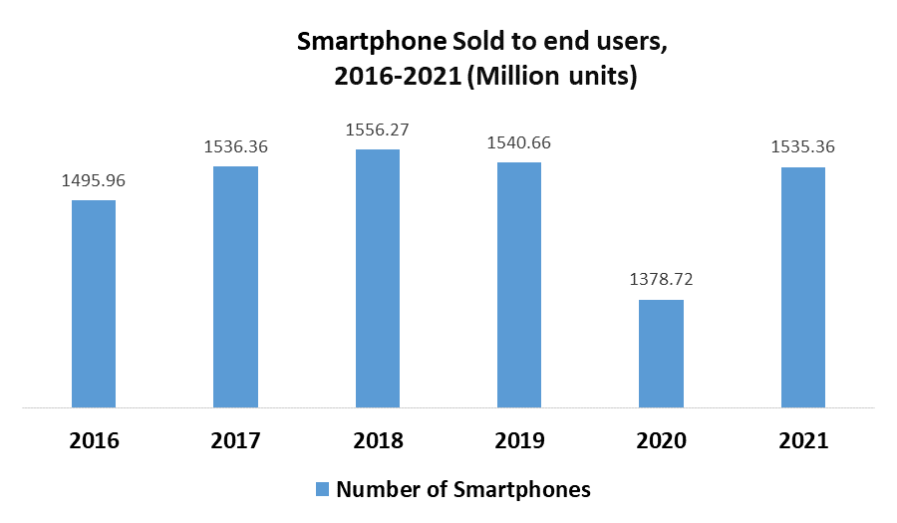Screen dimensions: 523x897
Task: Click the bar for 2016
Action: pyautogui.click(x=94, y=304)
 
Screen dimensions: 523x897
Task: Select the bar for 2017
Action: pyautogui.click(x=235, y=287)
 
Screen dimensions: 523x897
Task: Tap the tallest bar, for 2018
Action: pyautogui.click(x=378, y=279)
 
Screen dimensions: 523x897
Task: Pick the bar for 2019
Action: pyautogui.click(x=519, y=285)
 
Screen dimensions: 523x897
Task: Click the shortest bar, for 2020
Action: pyautogui.click(x=661, y=354)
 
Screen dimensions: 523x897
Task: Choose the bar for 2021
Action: pyautogui.click(x=802, y=287)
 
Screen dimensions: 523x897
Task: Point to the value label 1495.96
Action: pyautogui.click(x=95, y=181)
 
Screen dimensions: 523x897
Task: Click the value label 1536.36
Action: pyautogui.click(x=236, y=147)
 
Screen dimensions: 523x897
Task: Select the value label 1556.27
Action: pyautogui.click(x=378, y=130)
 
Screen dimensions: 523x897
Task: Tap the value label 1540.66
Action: pyautogui.click(x=519, y=143)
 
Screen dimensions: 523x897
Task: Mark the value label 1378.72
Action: pyautogui.click(x=661, y=280)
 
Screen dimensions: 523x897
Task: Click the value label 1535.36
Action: pyautogui.click(x=802, y=147)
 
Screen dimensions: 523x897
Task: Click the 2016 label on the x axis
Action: pyautogui.click(x=95, y=440)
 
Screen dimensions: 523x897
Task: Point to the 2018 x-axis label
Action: pyautogui.click(x=378, y=440)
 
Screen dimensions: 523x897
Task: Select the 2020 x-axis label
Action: pyautogui.click(x=661, y=440)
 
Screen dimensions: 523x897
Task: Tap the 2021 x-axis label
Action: pyautogui.click(x=802, y=440)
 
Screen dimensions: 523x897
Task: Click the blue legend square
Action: pyautogui.click(x=322, y=489)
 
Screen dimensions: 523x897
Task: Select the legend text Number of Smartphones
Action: pyautogui.click(x=463, y=489)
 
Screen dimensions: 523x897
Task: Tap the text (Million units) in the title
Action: pyautogui.click(x=551, y=76)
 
